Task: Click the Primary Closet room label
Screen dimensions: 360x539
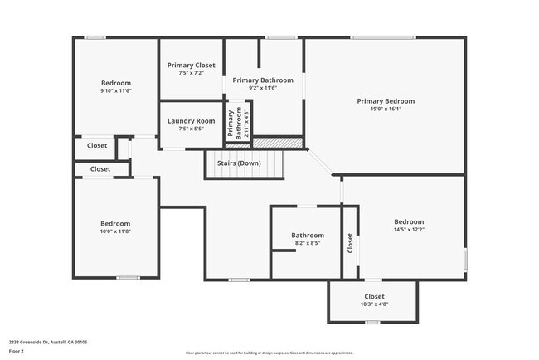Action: click(x=192, y=65)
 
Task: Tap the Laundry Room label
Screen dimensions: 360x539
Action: click(x=191, y=121)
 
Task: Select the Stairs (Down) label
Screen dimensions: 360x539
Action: click(x=239, y=163)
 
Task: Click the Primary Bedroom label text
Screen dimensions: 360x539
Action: click(x=386, y=101)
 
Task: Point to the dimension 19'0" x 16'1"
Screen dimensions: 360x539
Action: click(x=386, y=109)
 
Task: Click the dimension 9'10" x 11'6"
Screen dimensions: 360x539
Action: click(x=116, y=90)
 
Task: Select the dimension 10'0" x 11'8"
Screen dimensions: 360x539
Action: click(x=115, y=231)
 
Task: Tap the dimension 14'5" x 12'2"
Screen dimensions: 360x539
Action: click(x=409, y=230)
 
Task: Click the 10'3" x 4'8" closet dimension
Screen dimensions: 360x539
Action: click(x=374, y=304)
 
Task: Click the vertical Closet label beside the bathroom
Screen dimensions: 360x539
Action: click(x=351, y=242)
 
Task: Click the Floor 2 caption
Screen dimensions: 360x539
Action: click(x=17, y=351)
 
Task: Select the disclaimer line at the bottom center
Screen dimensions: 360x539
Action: click(x=269, y=352)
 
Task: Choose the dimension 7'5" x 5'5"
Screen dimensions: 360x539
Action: click(x=191, y=129)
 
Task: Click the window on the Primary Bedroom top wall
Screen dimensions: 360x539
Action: click(x=382, y=37)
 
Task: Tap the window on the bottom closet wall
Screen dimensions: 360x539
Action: click(x=372, y=322)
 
